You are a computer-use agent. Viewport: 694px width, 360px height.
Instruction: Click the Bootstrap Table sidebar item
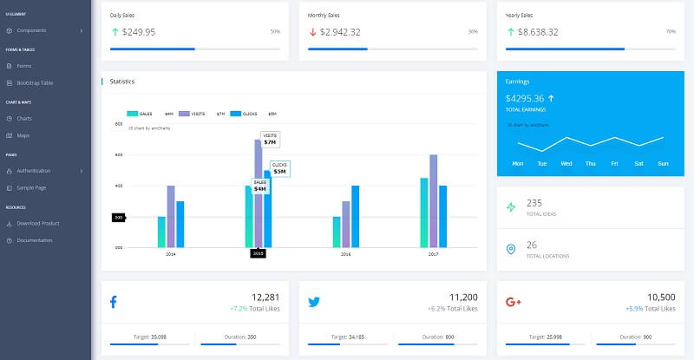pyautogui.click(x=35, y=82)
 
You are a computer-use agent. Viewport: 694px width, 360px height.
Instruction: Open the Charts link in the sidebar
pyautogui.click(x=24, y=118)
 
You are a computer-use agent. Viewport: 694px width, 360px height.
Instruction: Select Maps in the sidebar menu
pyautogui.click(x=23, y=135)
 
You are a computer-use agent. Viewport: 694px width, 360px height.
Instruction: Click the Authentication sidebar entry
pyautogui.click(x=33, y=170)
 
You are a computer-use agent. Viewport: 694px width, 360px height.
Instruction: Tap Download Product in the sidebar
pyautogui.click(x=37, y=223)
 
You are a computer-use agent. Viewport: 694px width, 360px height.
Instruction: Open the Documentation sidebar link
pyautogui.click(x=35, y=240)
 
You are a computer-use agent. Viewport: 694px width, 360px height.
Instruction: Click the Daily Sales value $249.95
pyautogui.click(x=138, y=32)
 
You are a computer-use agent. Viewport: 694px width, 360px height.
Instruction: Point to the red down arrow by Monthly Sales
pyautogui.click(x=312, y=32)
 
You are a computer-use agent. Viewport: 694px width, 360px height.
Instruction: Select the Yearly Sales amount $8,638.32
pyautogui.click(x=534, y=32)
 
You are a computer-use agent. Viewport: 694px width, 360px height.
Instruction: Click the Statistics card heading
pyautogui.click(x=122, y=82)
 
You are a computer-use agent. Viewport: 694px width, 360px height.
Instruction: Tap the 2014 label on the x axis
pyautogui.click(x=170, y=254)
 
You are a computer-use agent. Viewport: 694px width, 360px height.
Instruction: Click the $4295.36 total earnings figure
pyautogui.click(x=525, y=98)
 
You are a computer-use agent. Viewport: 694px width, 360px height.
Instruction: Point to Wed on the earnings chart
pyautogui.click(x=566, y=163)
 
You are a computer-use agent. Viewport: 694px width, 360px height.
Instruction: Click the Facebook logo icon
pyautogui.click(x=114, y=302)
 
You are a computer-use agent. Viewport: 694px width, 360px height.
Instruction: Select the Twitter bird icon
pyautogui.click(x=314, y=302)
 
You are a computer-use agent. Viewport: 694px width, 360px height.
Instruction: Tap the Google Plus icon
pyautogui.click(x=513, y=302)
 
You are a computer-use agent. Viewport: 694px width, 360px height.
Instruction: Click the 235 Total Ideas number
pyautogui.click(x=534, y=202)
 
